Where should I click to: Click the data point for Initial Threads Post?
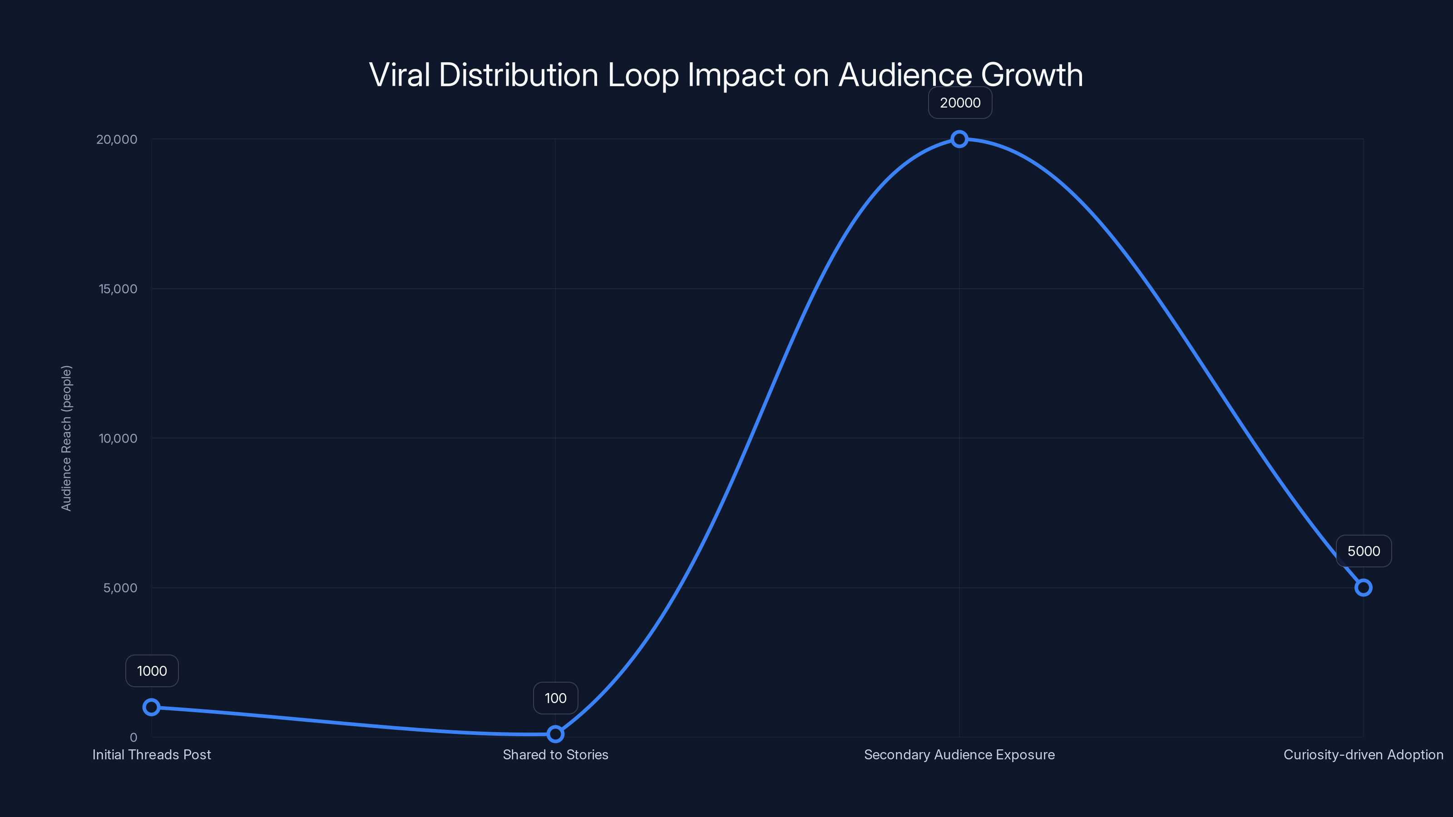point(151,707)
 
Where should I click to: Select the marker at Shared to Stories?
point(555,734)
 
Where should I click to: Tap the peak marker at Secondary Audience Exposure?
point(959,139)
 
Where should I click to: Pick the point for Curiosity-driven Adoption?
point(1363,587)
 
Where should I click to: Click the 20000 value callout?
point(960,103)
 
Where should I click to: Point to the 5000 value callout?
point(1363,551)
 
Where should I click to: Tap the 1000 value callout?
point(152,671)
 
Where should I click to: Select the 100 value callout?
point(555,698)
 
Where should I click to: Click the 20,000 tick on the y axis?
point(117,139)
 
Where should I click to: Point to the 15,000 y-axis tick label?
point(118,289)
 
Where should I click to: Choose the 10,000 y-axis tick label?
point(118,438)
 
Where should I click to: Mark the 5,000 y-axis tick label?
point(120,587)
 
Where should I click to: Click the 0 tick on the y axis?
point(133,737)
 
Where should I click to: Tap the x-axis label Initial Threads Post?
point(151,754)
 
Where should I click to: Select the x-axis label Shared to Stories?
point(555,754)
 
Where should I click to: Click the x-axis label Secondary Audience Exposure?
point(959,754)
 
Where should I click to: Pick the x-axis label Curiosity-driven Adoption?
point(1363,754)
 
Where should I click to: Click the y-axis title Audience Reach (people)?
point(67,438)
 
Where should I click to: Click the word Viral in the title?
point(400,75)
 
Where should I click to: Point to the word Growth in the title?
point(1032,75)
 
